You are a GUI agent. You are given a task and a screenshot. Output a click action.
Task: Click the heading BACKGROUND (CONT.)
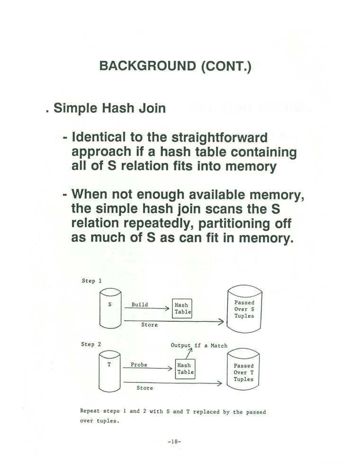(x=175, y=66)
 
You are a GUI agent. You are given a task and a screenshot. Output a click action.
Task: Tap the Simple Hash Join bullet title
(x=109, y=108)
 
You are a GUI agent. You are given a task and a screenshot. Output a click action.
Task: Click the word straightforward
(x=219, y=138)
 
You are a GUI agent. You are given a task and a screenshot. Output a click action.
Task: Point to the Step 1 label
(x=91, y=281)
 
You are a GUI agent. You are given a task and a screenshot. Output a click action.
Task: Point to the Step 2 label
(x=91, y=345)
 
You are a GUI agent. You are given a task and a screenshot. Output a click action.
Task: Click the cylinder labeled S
(x=110, y=308)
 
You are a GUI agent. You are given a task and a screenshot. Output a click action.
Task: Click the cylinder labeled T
(x=109, y=371)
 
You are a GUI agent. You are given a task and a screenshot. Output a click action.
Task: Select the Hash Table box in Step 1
(x=182, y=308)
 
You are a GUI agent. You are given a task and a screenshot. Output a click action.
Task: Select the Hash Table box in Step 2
(x=185, y=369)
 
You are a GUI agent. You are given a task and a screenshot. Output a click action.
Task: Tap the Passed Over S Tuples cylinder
(x=244, y=309)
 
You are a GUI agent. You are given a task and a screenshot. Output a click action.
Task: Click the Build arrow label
(x=140, y=304)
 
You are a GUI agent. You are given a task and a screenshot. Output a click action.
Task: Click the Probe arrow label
(x=139, y=365)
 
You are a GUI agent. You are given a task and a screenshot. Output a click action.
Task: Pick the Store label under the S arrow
(x=149, y=325)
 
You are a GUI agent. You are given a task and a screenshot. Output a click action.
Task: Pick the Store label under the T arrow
(x=145, y=388)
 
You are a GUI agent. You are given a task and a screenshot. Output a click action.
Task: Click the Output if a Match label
(x=199, y=345)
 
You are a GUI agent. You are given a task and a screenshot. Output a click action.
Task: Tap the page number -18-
(x=174, y=441)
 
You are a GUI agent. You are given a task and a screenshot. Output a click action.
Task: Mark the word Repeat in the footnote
(x=90, y=411)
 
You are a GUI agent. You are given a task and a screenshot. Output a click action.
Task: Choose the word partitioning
(x=234, y=223)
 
